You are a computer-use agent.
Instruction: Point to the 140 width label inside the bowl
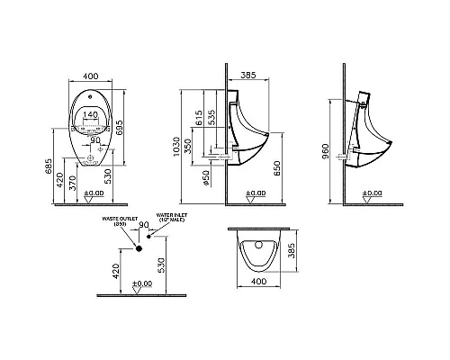90,114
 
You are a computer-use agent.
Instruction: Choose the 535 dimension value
212,117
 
